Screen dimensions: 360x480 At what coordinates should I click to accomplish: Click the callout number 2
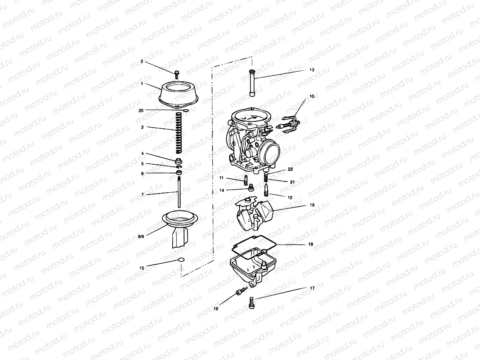click(x=142, y=62)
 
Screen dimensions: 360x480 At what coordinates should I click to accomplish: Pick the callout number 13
click(x=312, y=69)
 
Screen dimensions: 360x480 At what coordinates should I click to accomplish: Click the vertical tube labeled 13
click(x=252, y=83)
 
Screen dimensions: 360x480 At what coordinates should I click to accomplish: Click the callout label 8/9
click(x=141, y=236)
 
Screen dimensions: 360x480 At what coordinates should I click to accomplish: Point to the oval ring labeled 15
click(x=181, y=261)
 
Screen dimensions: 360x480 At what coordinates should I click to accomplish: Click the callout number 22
click(x=290, y=169)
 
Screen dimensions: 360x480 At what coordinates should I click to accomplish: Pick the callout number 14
click(x=222, y=191)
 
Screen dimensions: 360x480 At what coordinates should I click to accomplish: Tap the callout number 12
click(x=290, y=197)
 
